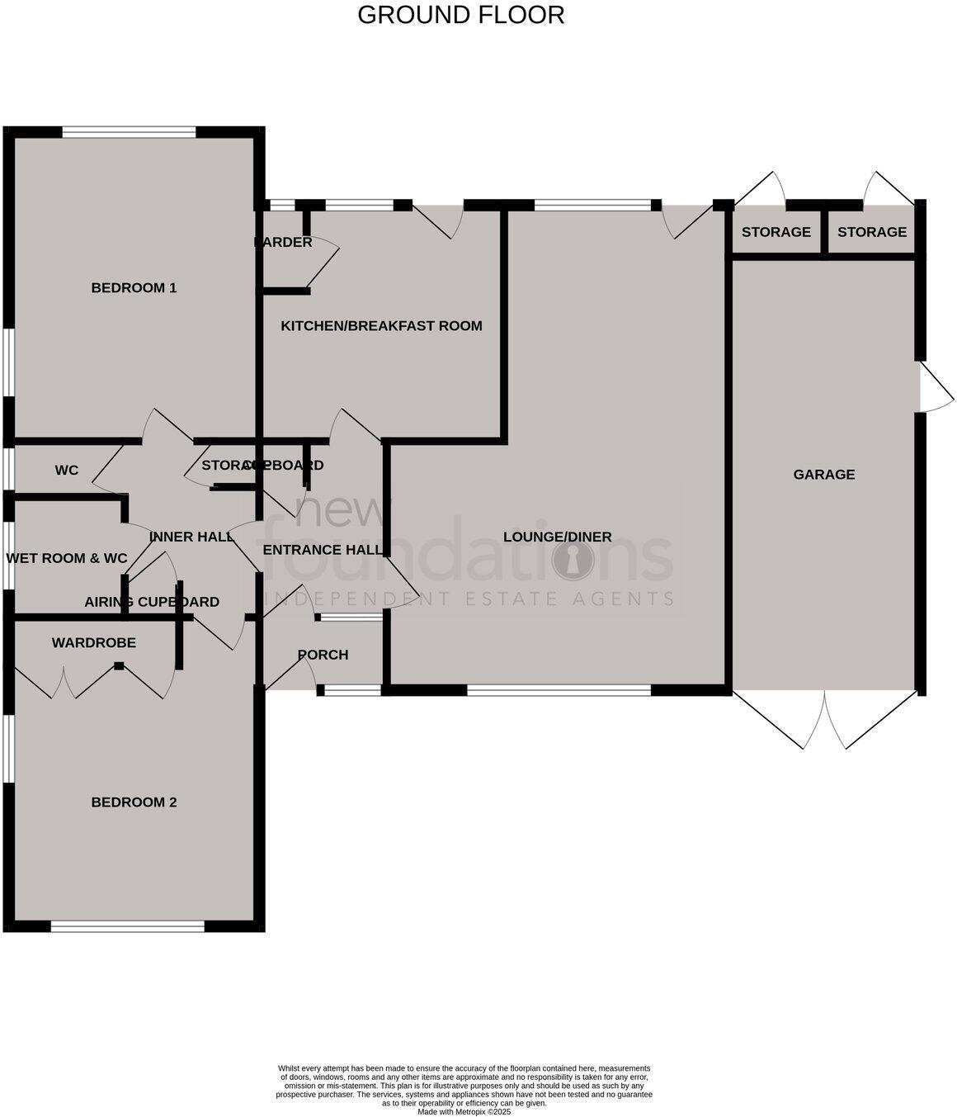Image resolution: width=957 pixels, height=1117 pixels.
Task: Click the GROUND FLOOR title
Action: click(460, 15)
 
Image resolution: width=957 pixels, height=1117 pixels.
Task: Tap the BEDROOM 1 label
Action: click(134, 288)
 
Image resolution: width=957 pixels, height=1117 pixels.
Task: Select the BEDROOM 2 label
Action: click(134, 802)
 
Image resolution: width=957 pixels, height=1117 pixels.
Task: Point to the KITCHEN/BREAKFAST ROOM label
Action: click(381, 326)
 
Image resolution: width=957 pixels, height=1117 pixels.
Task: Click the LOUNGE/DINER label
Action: click(558, 537)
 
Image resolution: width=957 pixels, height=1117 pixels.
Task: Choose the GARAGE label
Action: click(823, 475)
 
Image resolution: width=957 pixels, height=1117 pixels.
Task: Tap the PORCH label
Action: click(323, 655)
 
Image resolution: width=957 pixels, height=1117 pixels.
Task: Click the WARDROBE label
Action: click(93, 643)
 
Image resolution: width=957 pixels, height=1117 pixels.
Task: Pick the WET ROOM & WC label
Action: click(67, 559)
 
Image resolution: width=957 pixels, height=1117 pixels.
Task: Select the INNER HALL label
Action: click(191, 537)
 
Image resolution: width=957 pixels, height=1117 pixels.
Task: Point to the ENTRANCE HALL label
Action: click(323, 550)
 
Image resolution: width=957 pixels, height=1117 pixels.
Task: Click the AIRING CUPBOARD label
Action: click(152, 602)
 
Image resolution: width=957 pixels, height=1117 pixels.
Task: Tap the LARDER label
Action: click(284, 243)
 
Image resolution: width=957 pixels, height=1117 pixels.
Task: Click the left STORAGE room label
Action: click(775, 232)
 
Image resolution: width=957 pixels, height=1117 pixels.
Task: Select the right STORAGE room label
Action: click(871, 232)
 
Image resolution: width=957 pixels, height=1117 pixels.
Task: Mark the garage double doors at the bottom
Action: click(825, 720)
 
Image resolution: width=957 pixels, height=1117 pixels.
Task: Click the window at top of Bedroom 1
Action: click(129, 131)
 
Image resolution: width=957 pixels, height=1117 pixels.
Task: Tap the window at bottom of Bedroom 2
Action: click(127, 927)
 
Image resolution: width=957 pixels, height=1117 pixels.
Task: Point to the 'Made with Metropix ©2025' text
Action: click(464, 1111)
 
